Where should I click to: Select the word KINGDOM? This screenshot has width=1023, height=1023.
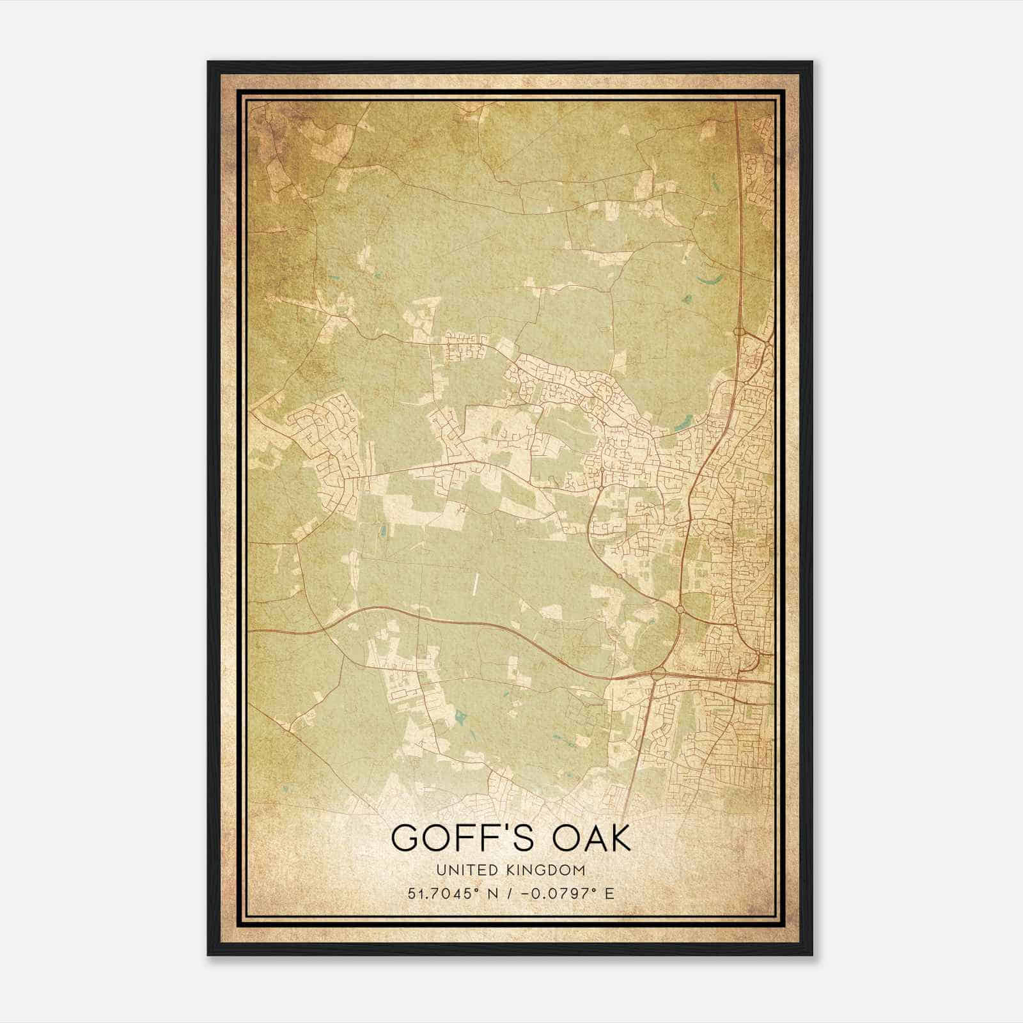click(550, 870)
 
